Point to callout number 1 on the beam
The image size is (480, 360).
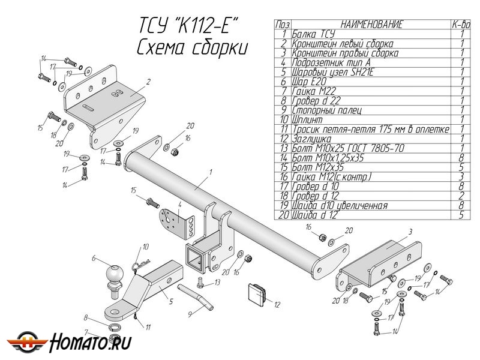click(211, 172)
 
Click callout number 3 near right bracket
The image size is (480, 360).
click(410, 231)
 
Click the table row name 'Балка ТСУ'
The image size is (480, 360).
click(312, 34)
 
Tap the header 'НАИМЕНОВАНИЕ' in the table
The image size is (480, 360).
click(371, 25)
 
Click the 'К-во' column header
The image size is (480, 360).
click(461, 25)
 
